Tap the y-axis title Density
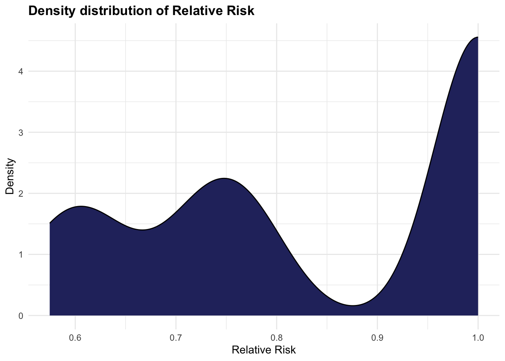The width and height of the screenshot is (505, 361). [x=10, y=176]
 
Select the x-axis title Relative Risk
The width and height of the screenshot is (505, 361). [x=263, y=350]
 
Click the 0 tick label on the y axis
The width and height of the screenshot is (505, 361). [x=21, y=316]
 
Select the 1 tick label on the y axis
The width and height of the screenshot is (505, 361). [x=21, y=255]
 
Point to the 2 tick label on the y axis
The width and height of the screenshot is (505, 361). [x=21, y=194]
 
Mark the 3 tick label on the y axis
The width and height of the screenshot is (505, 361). [x=21, y=132]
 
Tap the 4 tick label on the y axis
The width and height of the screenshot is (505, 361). [x=21, y=71]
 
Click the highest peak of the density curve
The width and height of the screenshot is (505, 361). [x=477, y=37]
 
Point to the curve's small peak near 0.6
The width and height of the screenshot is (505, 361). [x=81, y=206]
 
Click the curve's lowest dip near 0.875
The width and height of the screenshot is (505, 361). [x=352, y=305]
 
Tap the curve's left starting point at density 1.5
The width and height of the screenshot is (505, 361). [x=50, y=223]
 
